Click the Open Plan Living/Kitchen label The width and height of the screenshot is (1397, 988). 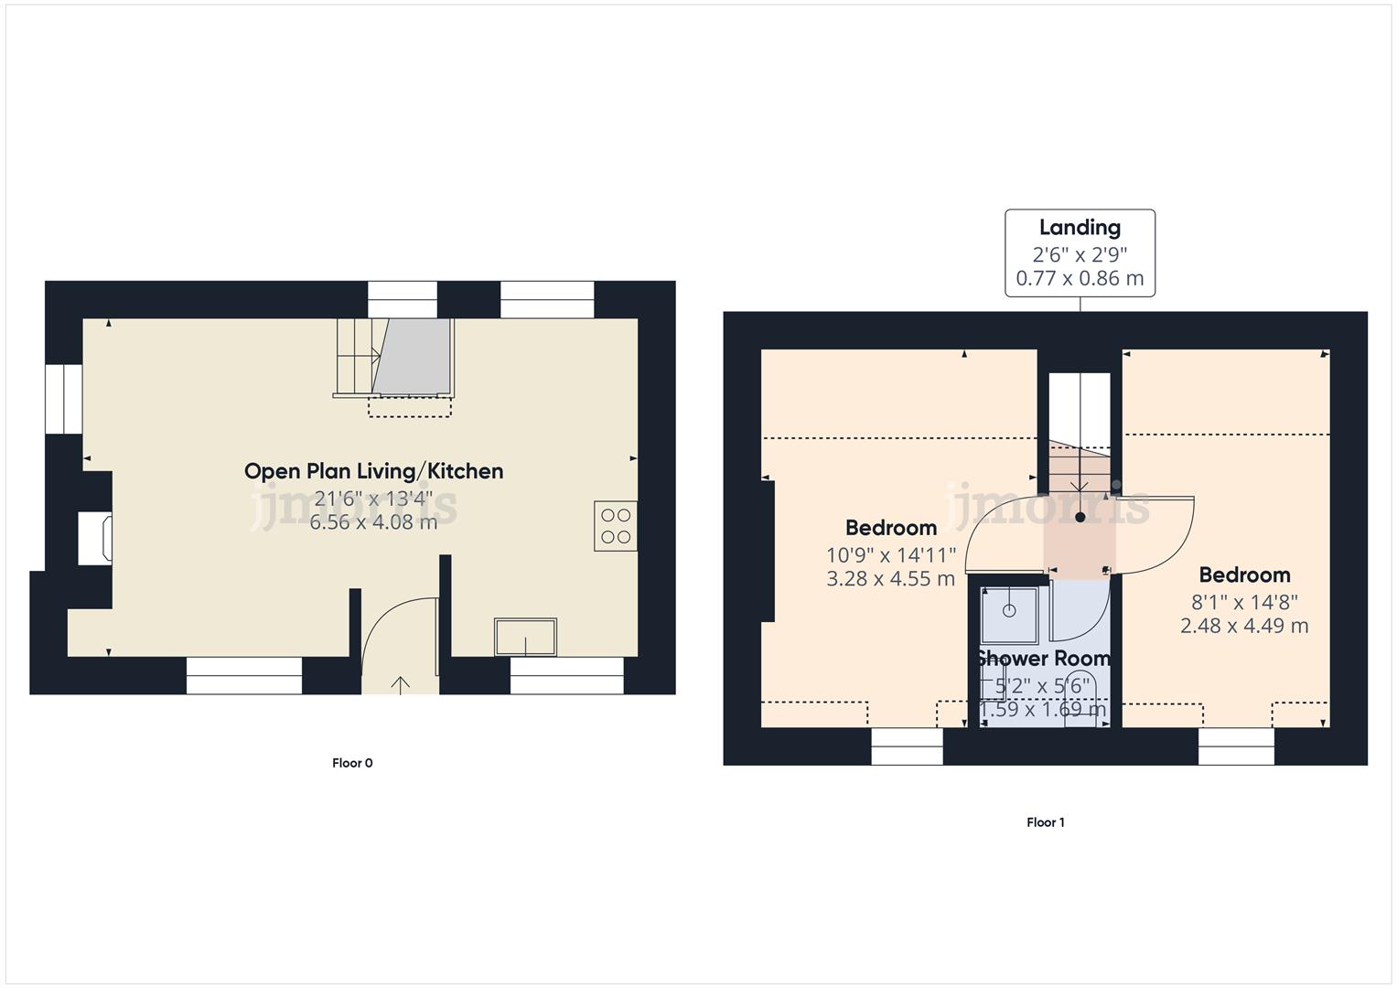(373, 471)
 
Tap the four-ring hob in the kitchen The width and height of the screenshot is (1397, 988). (615, 526)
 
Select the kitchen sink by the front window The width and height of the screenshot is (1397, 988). (525, 637)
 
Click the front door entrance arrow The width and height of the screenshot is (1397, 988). (401, 683)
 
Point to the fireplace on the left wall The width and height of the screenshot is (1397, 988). (95, 539)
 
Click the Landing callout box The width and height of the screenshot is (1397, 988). (1080, 252)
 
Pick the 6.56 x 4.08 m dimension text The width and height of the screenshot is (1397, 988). (373, 523)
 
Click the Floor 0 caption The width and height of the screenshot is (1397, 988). (352, 763)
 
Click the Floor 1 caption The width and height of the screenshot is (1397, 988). (1045, 822)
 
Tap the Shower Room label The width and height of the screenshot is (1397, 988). (1043, 659)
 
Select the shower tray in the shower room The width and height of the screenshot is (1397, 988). (1009, 615)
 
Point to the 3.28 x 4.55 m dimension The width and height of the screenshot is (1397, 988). (890, 579)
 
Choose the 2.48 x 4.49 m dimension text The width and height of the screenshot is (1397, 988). (1243, 627)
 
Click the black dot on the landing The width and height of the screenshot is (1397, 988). (1080, 518)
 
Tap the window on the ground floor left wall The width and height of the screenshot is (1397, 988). (64, 399)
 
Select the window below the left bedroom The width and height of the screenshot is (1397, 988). (907, 746)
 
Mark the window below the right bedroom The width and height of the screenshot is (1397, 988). (1236, 746)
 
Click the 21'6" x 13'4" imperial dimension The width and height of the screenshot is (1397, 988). (373, 499)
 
